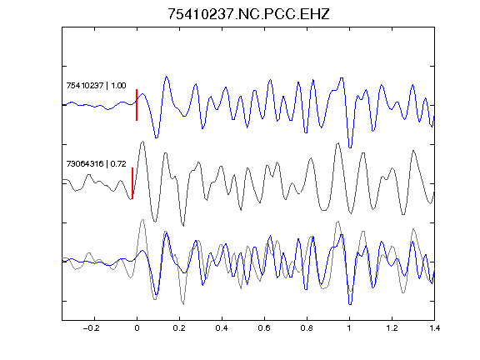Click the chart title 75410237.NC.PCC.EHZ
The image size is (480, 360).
pos(248,14)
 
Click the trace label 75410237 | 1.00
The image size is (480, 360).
pos(96,85)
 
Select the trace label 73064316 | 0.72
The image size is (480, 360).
pos(96,164)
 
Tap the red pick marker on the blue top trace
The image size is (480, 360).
pos(137,105)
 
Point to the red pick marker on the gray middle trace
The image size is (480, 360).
pos(132,183)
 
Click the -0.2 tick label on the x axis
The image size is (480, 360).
pos(92,328)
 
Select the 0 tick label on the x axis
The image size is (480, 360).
pos(137,328)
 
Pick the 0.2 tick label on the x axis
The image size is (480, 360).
pos(179,328)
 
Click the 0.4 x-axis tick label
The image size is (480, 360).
pos(222,328)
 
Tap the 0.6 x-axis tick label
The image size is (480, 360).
pos(264,328)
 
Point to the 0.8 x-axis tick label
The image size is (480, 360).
pos(307,328)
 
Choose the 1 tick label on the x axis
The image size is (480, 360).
pos(349,328)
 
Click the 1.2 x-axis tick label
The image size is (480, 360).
pos(392,328)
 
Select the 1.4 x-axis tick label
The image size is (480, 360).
pos(434,328)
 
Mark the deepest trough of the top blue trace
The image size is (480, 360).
pos(350,147)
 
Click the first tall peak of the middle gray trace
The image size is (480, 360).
pos(142,142)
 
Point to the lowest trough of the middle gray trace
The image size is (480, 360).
pos(183,226)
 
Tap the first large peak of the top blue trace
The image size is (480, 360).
pos(167,77)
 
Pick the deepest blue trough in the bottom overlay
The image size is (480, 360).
pos(350,304)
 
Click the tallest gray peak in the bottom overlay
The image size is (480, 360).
pos(142,220)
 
